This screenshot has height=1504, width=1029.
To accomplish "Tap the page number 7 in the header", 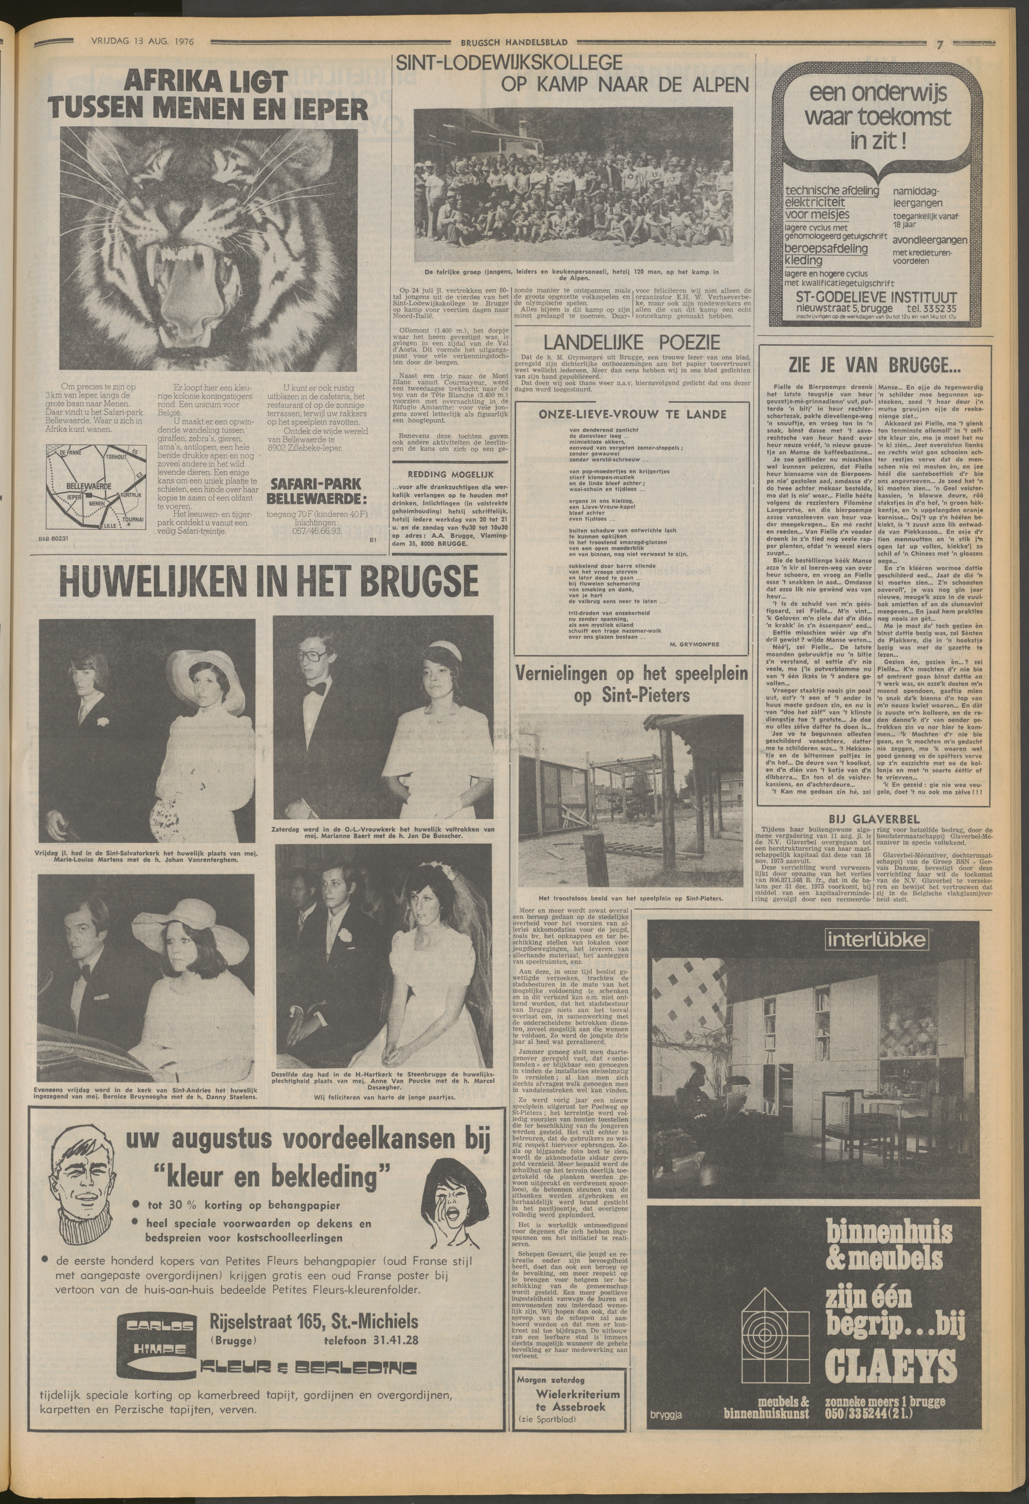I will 938,44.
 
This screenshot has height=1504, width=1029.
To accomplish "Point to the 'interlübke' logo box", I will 876,939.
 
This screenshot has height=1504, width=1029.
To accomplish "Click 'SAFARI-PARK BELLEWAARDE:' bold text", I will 315,492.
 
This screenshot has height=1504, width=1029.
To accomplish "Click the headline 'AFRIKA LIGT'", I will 206,82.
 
